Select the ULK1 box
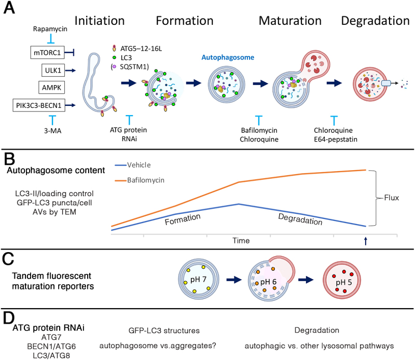[x=52, y=69]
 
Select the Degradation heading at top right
[x=375, y=21]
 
